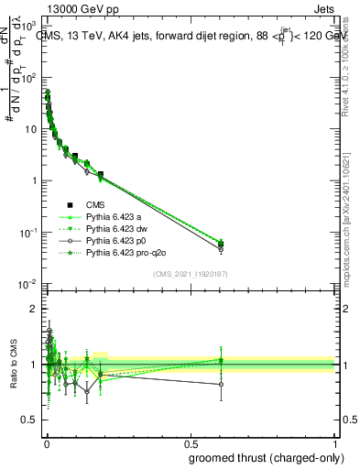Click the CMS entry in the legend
(x=96, y=204)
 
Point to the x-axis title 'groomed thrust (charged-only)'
(x=265, y=457)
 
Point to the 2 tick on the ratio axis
(x=36, y=310)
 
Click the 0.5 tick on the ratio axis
(x=32, y=421)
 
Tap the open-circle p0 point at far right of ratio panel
(x=220, y=385)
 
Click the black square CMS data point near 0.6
(x=220, y=244)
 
